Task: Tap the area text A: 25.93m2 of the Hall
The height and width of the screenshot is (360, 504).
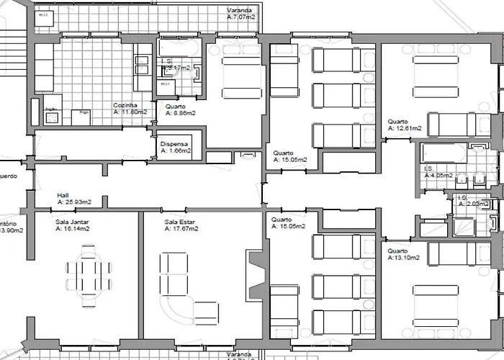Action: pyautogui.click(x=79, y=203)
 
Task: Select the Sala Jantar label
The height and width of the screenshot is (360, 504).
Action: pyautogui.click(x=72, y=222)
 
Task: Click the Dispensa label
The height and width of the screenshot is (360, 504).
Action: pyautogui.click(x=175, y=143)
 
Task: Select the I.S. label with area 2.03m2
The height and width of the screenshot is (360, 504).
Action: pyautogui.click(x=462, y=197)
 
